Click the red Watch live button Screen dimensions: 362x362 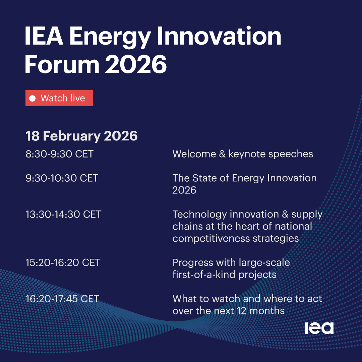click(x=59, y=98)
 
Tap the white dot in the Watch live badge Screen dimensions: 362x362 click(x=33, y=98)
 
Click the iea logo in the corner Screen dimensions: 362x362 click(x=319, y=328)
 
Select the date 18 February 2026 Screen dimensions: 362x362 click(x=81, y=136)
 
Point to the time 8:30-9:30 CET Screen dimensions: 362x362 click(x=60, y=154)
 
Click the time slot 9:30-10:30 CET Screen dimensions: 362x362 click(x=62, y=178)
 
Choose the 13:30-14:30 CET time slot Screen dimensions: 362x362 click(x=63, y=215)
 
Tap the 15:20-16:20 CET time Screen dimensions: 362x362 click(x=63, y=263)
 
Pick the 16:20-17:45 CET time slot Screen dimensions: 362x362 click(x=62, y=299)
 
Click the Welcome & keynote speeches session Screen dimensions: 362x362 click(x=243, y=154)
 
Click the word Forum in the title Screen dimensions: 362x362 click(x=62, y=64)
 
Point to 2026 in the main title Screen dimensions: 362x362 click(x=136, y=64)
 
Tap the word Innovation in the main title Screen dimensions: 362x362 click(x=219, y=36)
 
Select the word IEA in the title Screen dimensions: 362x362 click(x=44, y=36)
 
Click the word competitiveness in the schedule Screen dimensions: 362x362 click(x=211, y=239)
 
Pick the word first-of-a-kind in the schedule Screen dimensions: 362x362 click(x=204, y=275)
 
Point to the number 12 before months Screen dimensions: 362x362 click(x=241, y=311)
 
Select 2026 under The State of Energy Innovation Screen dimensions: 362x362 click(x=184, y=190)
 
